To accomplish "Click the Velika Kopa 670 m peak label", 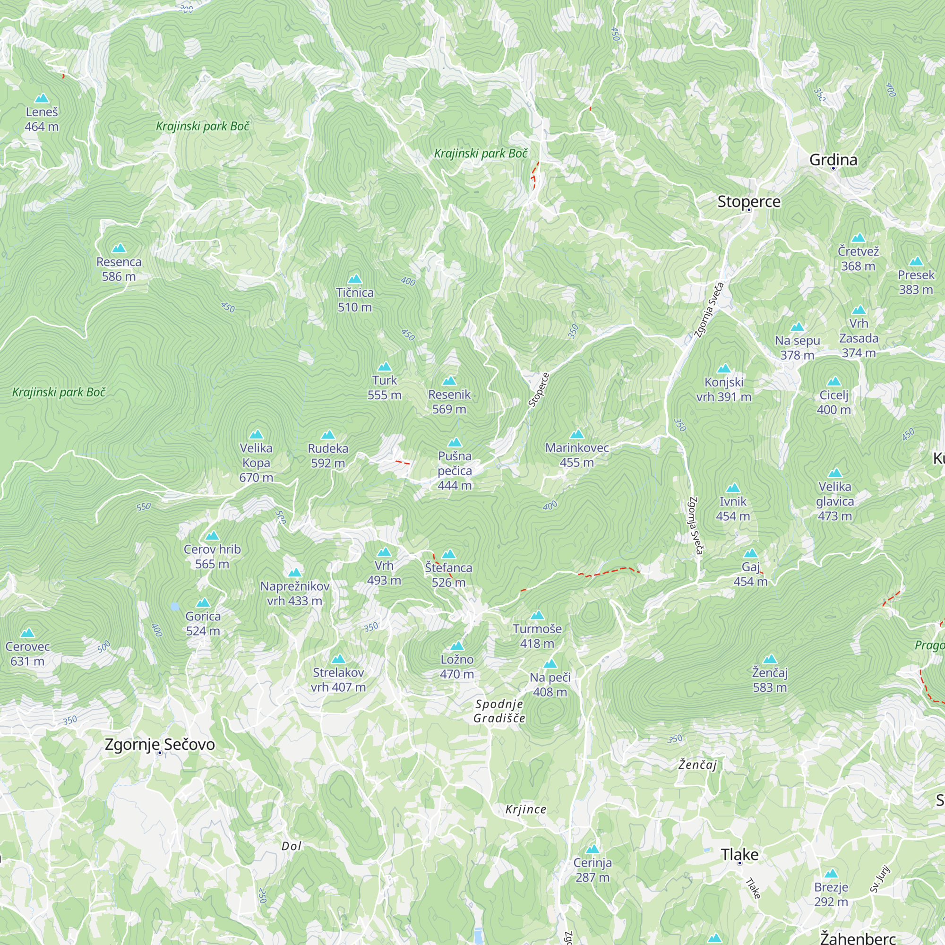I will click(256, 462).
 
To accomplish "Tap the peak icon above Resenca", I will click(119, 249).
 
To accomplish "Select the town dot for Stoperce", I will click(749, 210).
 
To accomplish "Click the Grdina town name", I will click(833, 160).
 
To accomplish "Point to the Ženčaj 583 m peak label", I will click(769, 680).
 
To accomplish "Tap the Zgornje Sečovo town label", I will click(160, 744).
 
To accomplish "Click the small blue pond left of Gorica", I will click(175, 607).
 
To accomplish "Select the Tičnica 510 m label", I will click(355, 300).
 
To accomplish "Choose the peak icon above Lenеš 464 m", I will click(42, 98).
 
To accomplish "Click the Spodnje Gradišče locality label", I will click(499, 711).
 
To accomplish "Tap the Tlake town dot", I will click(739, 863).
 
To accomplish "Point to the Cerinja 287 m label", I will click(593, 870).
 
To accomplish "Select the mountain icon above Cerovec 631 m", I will click(27, 633).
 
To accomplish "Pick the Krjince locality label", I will click(526, 809).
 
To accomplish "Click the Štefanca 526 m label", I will click(448, 575).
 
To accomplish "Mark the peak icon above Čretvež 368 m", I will click(859, 238).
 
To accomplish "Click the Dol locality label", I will click(291, 846).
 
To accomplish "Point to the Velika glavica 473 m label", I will click(834, 501).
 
